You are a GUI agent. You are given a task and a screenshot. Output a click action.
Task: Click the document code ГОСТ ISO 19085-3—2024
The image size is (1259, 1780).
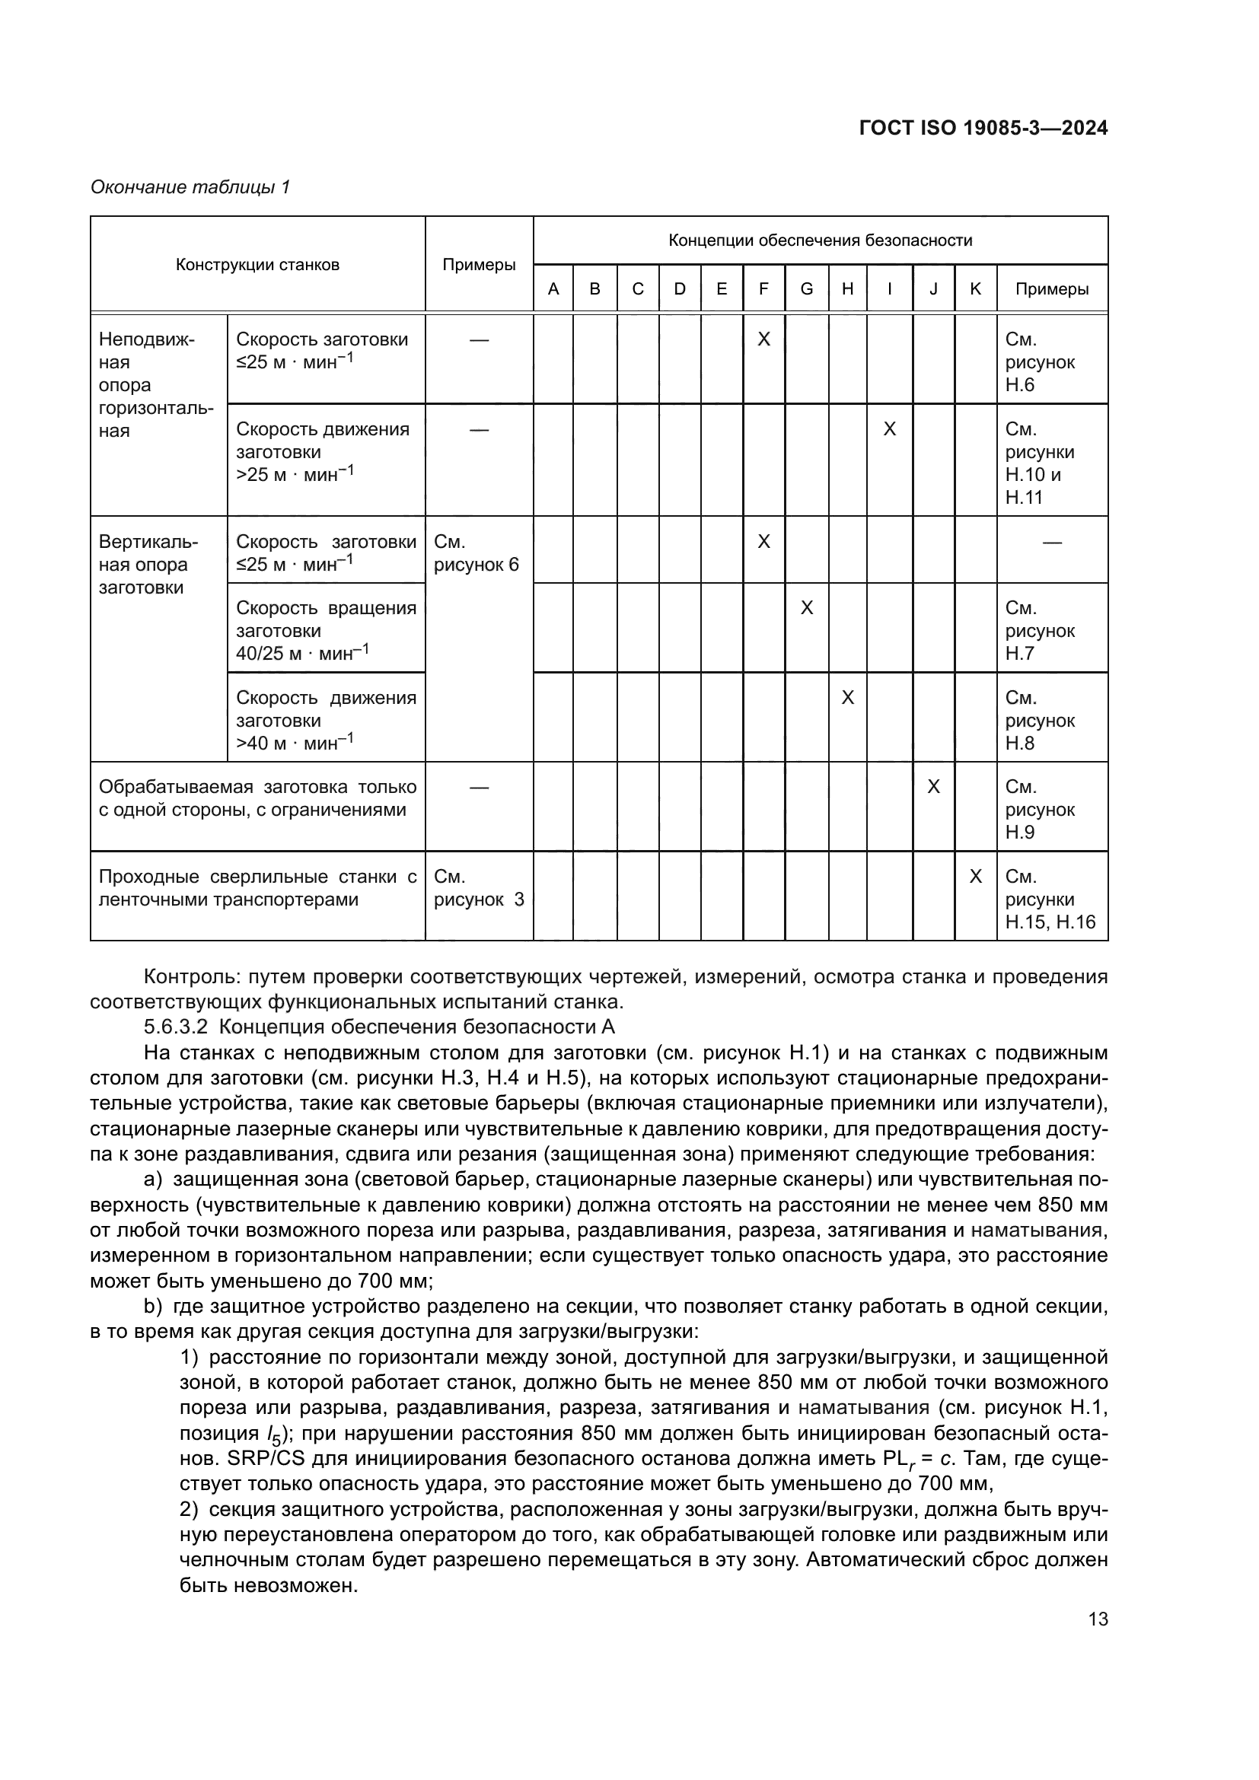click(983, 129)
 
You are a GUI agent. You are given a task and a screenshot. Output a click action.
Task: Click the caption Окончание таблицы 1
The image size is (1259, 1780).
click(190, 187)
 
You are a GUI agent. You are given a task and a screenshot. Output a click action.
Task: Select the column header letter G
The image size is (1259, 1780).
click(806, 289)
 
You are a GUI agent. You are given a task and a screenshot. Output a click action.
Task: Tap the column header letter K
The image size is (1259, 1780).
click(975, 289)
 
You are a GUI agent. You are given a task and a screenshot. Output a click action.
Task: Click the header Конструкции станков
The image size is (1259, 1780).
click(257, 265)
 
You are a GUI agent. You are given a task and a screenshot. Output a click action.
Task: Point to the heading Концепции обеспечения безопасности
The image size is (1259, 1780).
click(821, 240)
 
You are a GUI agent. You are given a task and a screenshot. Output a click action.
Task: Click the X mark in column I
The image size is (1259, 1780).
click(889, 429)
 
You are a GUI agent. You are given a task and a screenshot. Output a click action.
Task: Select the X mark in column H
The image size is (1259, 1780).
click(847, 698)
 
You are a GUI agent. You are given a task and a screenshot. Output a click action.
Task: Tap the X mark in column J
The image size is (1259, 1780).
click(933, 787)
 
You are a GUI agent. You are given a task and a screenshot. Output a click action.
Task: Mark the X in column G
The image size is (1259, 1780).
click(806, 608)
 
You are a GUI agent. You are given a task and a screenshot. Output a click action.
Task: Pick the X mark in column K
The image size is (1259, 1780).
click(975, 877)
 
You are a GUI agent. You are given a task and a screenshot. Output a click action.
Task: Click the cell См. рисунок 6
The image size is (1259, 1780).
click(476, 553)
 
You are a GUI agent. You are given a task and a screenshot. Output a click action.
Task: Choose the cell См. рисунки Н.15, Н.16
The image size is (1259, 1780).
click(1050, 900)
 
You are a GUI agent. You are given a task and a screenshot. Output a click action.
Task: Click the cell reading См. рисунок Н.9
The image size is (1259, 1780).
click(1040, 810)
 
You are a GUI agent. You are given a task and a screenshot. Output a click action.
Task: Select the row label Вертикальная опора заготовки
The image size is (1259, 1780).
click(148, 565)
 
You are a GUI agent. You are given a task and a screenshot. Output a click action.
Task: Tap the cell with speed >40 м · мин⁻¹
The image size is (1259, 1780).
click(326, 720)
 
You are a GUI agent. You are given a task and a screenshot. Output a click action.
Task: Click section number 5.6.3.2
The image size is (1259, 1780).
click(176, 1027)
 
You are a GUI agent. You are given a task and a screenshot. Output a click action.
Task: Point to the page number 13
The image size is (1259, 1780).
click(1098, 1619)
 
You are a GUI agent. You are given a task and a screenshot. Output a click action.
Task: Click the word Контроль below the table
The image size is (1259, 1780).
click(186, 977)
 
